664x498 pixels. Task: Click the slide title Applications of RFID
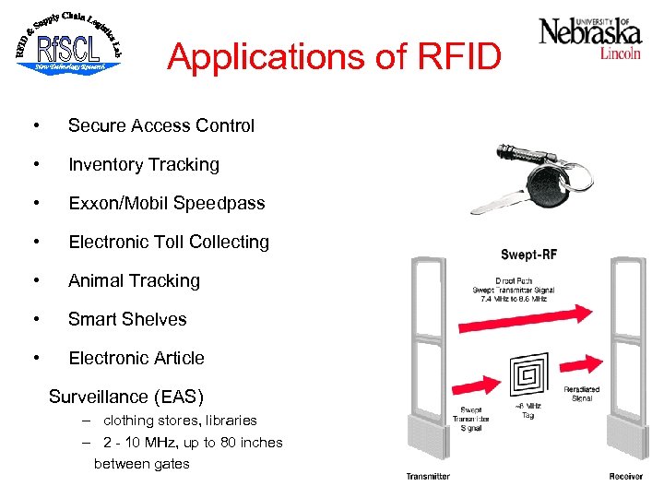click(x=334, y=57)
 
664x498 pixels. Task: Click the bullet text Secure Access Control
click(x=160, y=125)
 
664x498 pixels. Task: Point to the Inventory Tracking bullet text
click(x=143, y=164)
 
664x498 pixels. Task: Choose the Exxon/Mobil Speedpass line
click(x=166, y=203)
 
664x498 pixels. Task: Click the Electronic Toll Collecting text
click(x=168, y=242)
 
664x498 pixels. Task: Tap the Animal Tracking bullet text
click(x=134, y=280)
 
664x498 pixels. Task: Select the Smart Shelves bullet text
click(x=127, y=319)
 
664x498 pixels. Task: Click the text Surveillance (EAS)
click(x=125, y=397)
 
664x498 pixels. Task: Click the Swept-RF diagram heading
click(x=528, y=254)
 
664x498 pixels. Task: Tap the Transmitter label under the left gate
click(x=428, y=477)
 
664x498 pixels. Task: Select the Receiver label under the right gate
click(x=625, y=477)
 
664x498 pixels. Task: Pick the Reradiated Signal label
click(x=583, y=396)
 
